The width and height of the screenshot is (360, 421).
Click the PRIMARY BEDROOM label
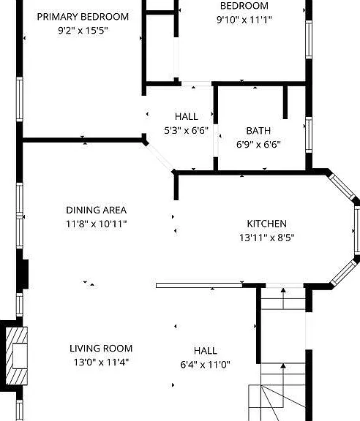click(83, 17)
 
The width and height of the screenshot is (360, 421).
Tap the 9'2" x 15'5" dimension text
click(83, 31)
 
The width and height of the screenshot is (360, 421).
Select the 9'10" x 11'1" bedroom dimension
click(244, 20)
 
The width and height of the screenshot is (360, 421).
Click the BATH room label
click(258, 131)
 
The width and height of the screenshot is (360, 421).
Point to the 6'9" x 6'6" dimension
click(258, 145)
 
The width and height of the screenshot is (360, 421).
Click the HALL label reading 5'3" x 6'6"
click(187, 116)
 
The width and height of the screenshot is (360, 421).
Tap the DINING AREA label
click(97, 210)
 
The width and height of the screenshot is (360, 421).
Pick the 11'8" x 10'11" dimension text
click(97, 224)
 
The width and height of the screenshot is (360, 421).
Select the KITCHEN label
click(266, 224)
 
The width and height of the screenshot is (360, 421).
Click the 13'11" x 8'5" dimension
click(266, 238)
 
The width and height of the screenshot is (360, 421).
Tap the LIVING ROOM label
click(101, 349)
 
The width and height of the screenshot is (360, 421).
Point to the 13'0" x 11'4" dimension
click(101, 363)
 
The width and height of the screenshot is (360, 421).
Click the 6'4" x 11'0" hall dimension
click(205, 365)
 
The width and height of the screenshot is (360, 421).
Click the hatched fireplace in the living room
click(17, 356)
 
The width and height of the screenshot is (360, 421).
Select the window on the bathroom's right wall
click(309, 134)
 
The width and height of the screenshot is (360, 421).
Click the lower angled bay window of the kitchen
click(344, 273)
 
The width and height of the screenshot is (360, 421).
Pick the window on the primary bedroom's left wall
click(19, 99)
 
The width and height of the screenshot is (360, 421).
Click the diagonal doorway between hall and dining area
click(160, 157)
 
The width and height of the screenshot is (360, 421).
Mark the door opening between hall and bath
click(216, 140)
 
